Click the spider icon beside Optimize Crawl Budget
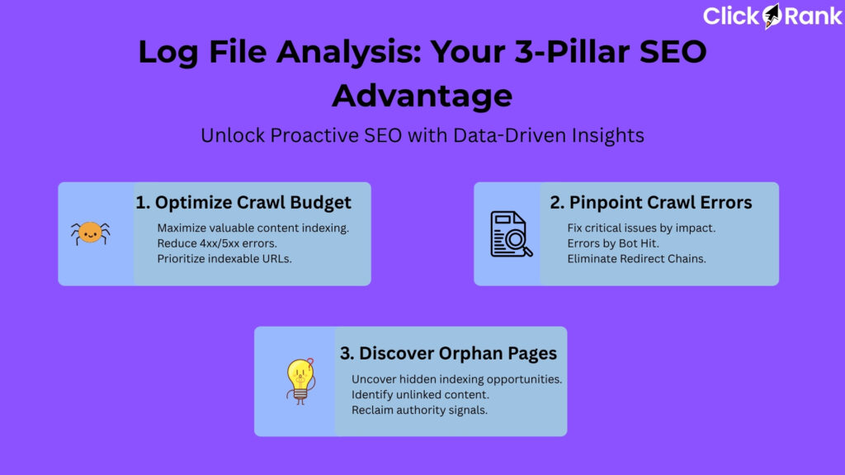click(x=90, y=234)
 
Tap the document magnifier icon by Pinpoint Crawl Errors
click(x=512, y=234)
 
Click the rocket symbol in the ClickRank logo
click(x=772, y=15)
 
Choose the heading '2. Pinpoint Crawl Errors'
click(x=651, y=202)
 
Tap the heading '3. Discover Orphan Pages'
click(x=448, y=353)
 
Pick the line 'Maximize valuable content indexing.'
click(x=253, y=228)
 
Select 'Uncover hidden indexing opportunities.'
click(x=457, y=379)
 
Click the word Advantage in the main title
click(x=422, y=96)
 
